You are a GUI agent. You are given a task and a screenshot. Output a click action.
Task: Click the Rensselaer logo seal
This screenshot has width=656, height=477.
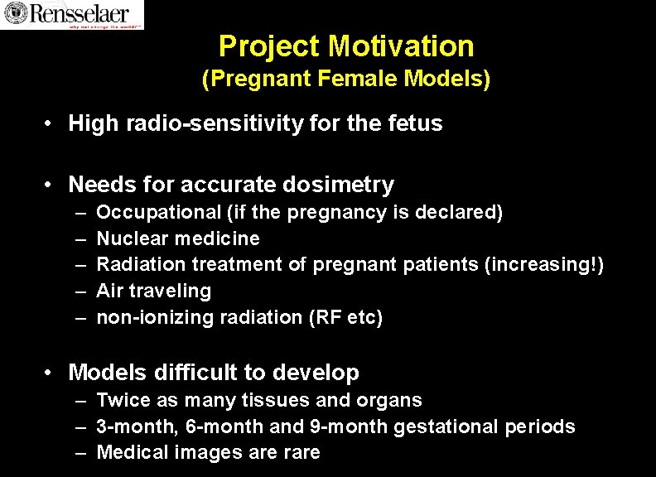[13, 12]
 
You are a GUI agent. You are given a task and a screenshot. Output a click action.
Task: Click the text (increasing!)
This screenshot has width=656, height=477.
[547, 265]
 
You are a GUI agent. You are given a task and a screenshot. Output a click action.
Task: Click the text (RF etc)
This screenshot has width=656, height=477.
[345, 318]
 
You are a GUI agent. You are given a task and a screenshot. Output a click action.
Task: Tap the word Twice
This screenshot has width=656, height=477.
[120, 401]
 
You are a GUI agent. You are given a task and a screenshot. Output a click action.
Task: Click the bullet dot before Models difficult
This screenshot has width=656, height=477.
[51, 373]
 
